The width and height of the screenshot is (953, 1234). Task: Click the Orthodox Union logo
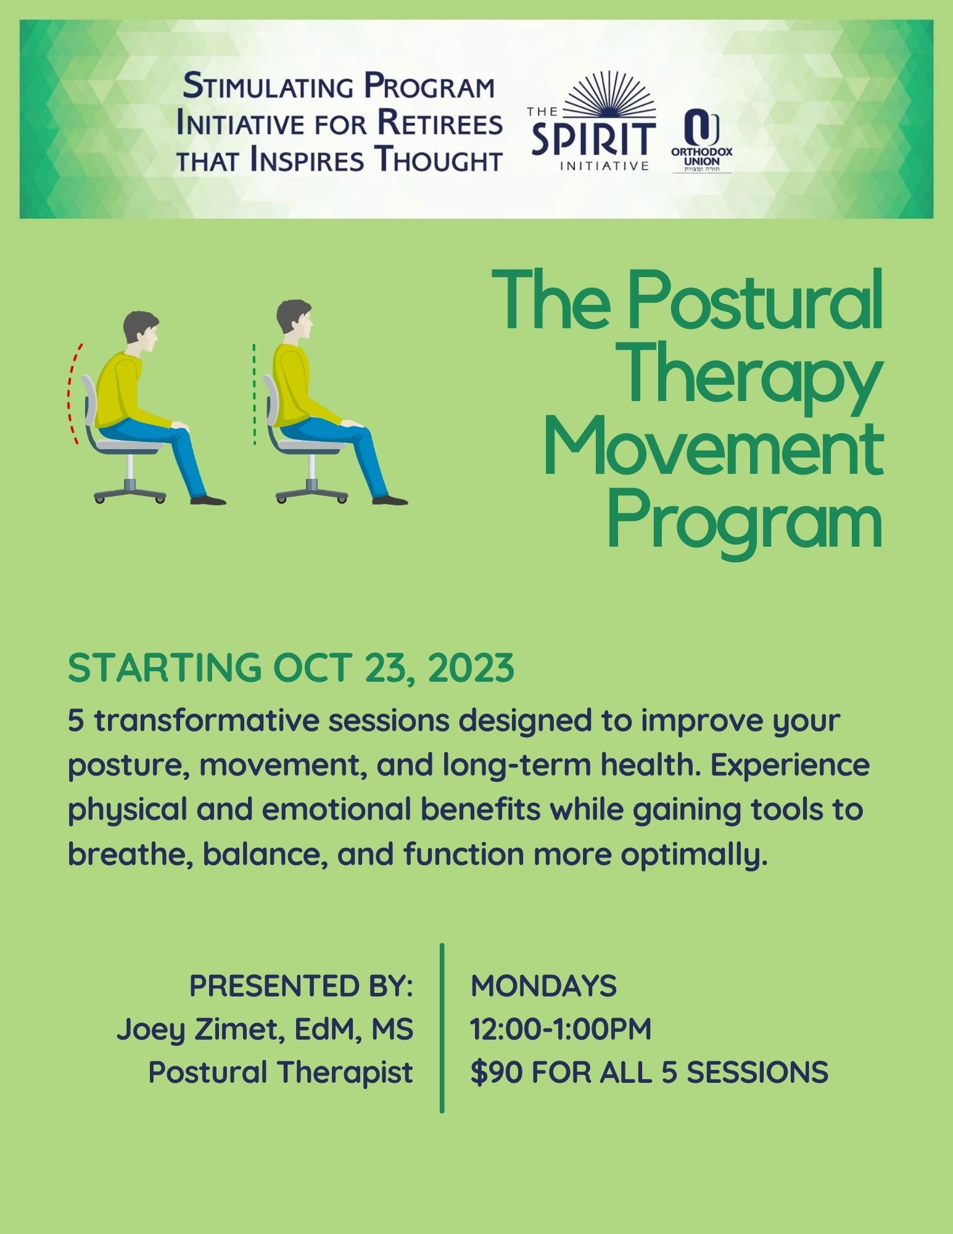(702, 140)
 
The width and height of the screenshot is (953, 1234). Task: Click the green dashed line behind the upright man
(254, 394)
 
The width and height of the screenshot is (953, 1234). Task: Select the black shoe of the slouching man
(208, 500)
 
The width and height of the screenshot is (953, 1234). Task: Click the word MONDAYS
(543, 986)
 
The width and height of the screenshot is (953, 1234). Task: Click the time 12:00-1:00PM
(561, 1029)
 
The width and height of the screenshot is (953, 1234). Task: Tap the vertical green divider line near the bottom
(442, 1028)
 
